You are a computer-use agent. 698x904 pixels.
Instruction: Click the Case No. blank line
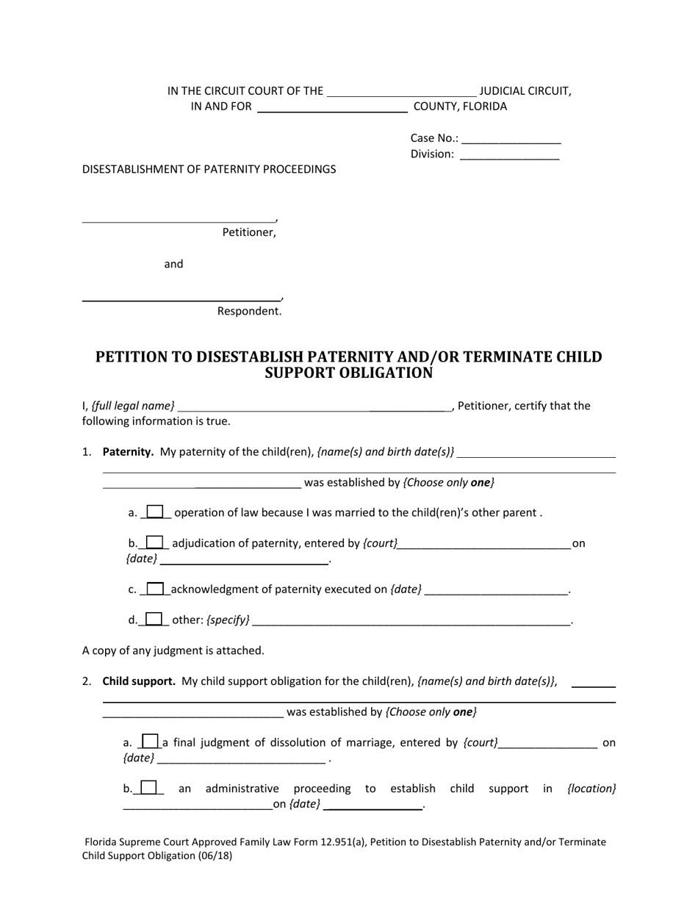tap(511, 140)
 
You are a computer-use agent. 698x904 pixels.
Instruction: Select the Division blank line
tap(509, 156)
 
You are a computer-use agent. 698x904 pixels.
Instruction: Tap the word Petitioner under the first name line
tap(249, 233)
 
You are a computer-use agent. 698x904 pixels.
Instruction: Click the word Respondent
tap(249, 311)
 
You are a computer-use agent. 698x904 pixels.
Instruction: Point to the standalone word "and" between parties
tap(173, 264)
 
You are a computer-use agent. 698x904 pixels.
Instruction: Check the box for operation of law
tap(156, 512)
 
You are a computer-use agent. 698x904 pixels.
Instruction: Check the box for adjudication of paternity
tap(154, 542)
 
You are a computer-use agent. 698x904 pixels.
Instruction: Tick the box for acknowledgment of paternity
tap(155, 589)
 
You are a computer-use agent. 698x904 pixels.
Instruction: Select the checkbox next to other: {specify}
tap(154, 619)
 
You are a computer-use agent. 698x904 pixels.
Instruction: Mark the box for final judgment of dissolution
tap(150, 742)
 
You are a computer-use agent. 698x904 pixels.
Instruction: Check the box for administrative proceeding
tap(148, 787)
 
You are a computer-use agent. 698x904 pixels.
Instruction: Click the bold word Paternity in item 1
tap(128, 452)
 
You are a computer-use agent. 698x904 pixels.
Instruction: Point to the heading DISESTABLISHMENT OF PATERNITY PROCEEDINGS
tap(209, 169)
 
